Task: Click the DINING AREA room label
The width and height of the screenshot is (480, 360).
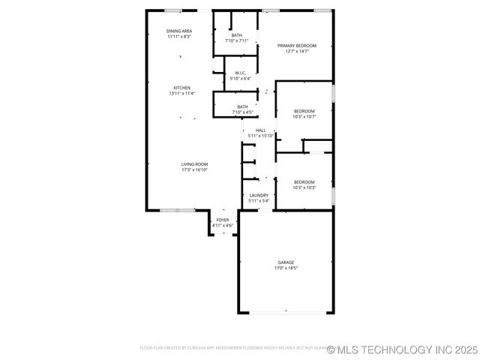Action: point(178,31)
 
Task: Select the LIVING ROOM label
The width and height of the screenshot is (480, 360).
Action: point(194,164)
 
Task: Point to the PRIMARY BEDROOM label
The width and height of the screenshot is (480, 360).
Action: point(296,46)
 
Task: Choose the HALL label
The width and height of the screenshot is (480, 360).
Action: point(260,130)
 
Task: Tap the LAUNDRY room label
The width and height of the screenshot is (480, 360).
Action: point(259,195)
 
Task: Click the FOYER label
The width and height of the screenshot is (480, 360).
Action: point(223,220)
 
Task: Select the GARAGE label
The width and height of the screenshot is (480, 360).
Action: point(285,262)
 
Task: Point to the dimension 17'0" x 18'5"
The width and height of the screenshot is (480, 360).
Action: point(285,268)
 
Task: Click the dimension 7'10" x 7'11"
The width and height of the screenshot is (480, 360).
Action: point(236,40)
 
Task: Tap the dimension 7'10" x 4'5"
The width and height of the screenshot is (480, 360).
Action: point(242,112)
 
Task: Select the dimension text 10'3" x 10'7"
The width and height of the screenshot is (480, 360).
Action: point(304,116)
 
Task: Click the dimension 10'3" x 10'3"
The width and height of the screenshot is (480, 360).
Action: point(304,187)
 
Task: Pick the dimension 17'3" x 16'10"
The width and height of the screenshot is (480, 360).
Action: point(194,169)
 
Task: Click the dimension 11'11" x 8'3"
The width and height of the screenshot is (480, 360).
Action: point(178,36)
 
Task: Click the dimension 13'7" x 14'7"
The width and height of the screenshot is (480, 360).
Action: point(296,51)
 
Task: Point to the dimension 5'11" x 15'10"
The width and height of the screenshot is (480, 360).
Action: point(260,136)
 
